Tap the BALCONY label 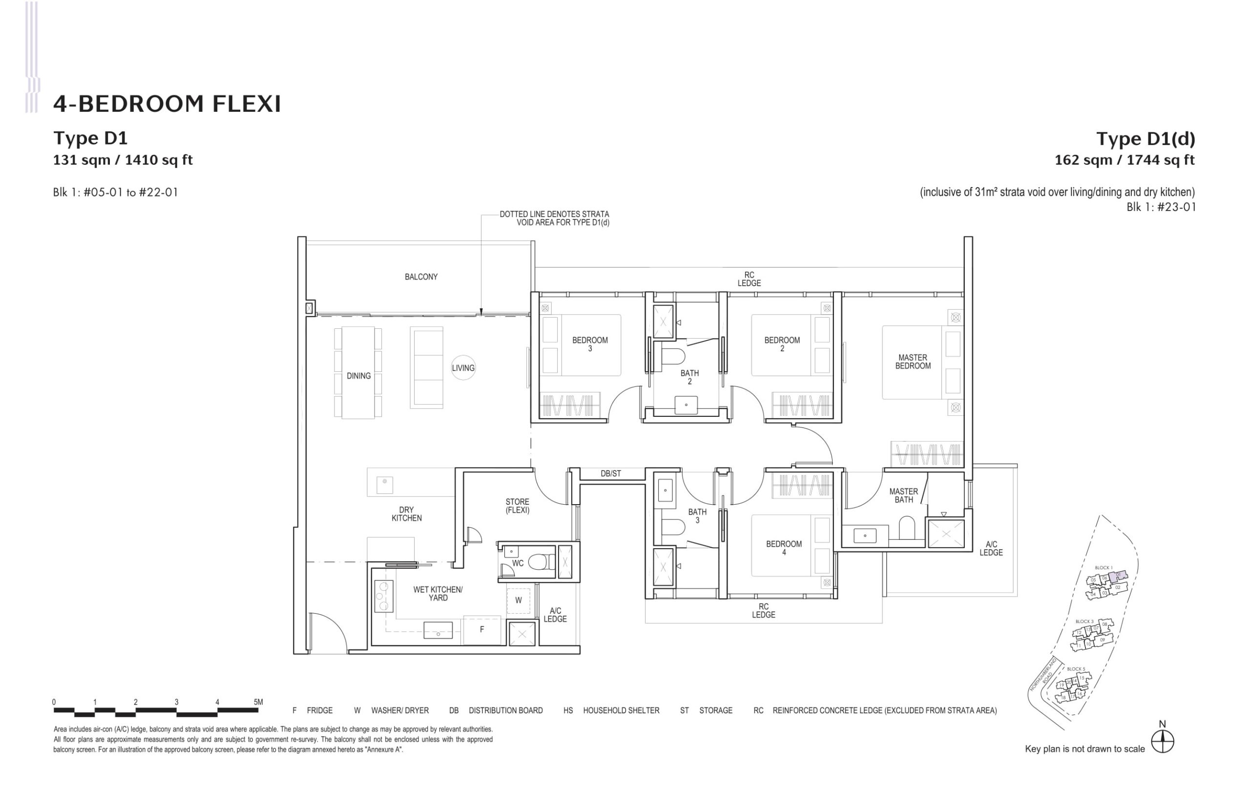point(421,277)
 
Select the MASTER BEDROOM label point(913,362)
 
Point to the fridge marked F point(481,630)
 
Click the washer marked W point(519,600)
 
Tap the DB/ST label point(611,473)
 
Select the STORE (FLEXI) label point(517,506)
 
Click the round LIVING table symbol point(463,368)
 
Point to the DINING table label point(359,376)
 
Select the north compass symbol point(1162,742)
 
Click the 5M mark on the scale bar point(258,702)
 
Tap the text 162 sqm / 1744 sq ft point(1125,160)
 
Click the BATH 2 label point(689,377)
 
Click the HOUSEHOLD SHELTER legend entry point(620,710)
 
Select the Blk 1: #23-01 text point(1161,207)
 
